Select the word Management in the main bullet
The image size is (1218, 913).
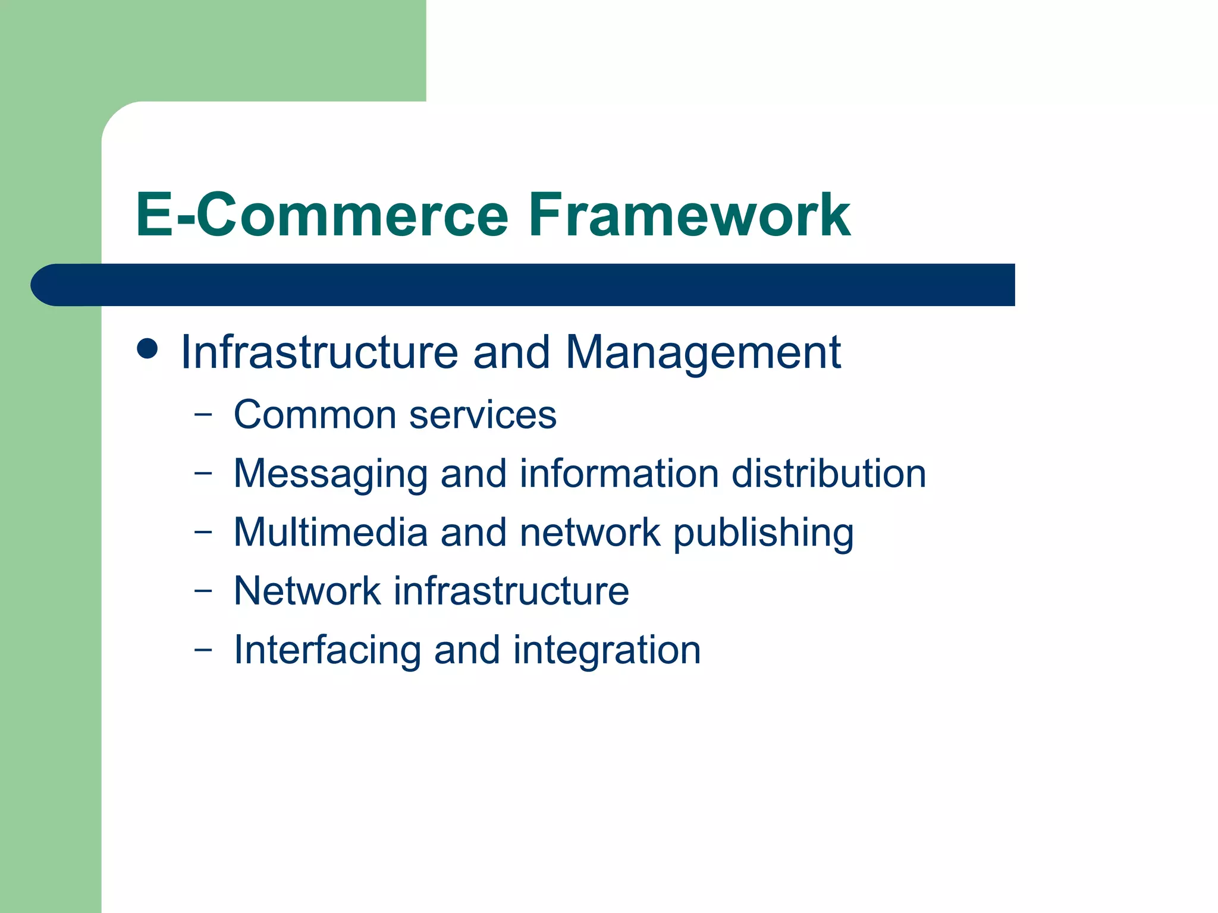703,352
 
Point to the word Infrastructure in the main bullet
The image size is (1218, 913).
319,352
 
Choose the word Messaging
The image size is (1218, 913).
330,474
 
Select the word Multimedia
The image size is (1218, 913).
330,532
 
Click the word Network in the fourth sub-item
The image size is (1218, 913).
307,591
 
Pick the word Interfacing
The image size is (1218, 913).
327,650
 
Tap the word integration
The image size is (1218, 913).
607,650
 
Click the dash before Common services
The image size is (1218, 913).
203,415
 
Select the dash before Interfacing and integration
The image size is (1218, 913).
203,650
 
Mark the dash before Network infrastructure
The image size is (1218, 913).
203,591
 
